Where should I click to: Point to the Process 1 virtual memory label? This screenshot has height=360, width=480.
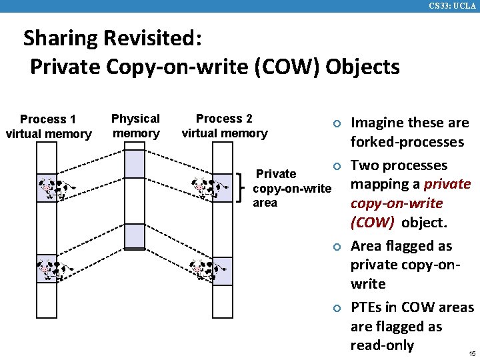[48, 127]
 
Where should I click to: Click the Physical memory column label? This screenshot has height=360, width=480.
[135, 125]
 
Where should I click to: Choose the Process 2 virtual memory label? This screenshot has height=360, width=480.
[224, 125]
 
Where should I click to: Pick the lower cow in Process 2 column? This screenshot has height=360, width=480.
[209, 269]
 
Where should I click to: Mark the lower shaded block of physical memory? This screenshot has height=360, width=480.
[135, 236]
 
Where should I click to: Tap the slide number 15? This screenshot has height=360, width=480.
[471, 353]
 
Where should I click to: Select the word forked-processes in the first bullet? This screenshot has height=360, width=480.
[407, 142]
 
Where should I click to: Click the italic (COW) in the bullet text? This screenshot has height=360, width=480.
[372, 222]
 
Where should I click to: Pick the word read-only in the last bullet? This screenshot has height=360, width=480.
[382, 345]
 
